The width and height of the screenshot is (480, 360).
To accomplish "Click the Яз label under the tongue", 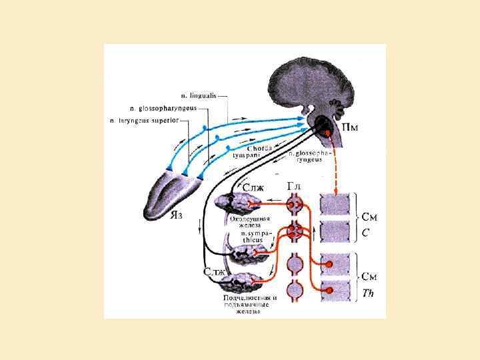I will point(177,215).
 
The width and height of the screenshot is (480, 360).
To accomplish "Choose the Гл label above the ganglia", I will point(295,185).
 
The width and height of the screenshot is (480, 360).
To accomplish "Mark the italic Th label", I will point(368,293).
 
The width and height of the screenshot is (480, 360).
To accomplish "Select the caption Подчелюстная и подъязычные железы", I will point(250,305).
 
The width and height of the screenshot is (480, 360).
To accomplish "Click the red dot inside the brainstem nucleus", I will point(327,132).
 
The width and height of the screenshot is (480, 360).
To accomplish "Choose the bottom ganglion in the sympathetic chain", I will point(294,291).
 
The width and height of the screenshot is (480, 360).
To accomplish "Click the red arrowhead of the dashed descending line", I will point(333,191).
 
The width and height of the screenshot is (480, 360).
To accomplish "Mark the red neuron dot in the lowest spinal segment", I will point(329,290).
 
